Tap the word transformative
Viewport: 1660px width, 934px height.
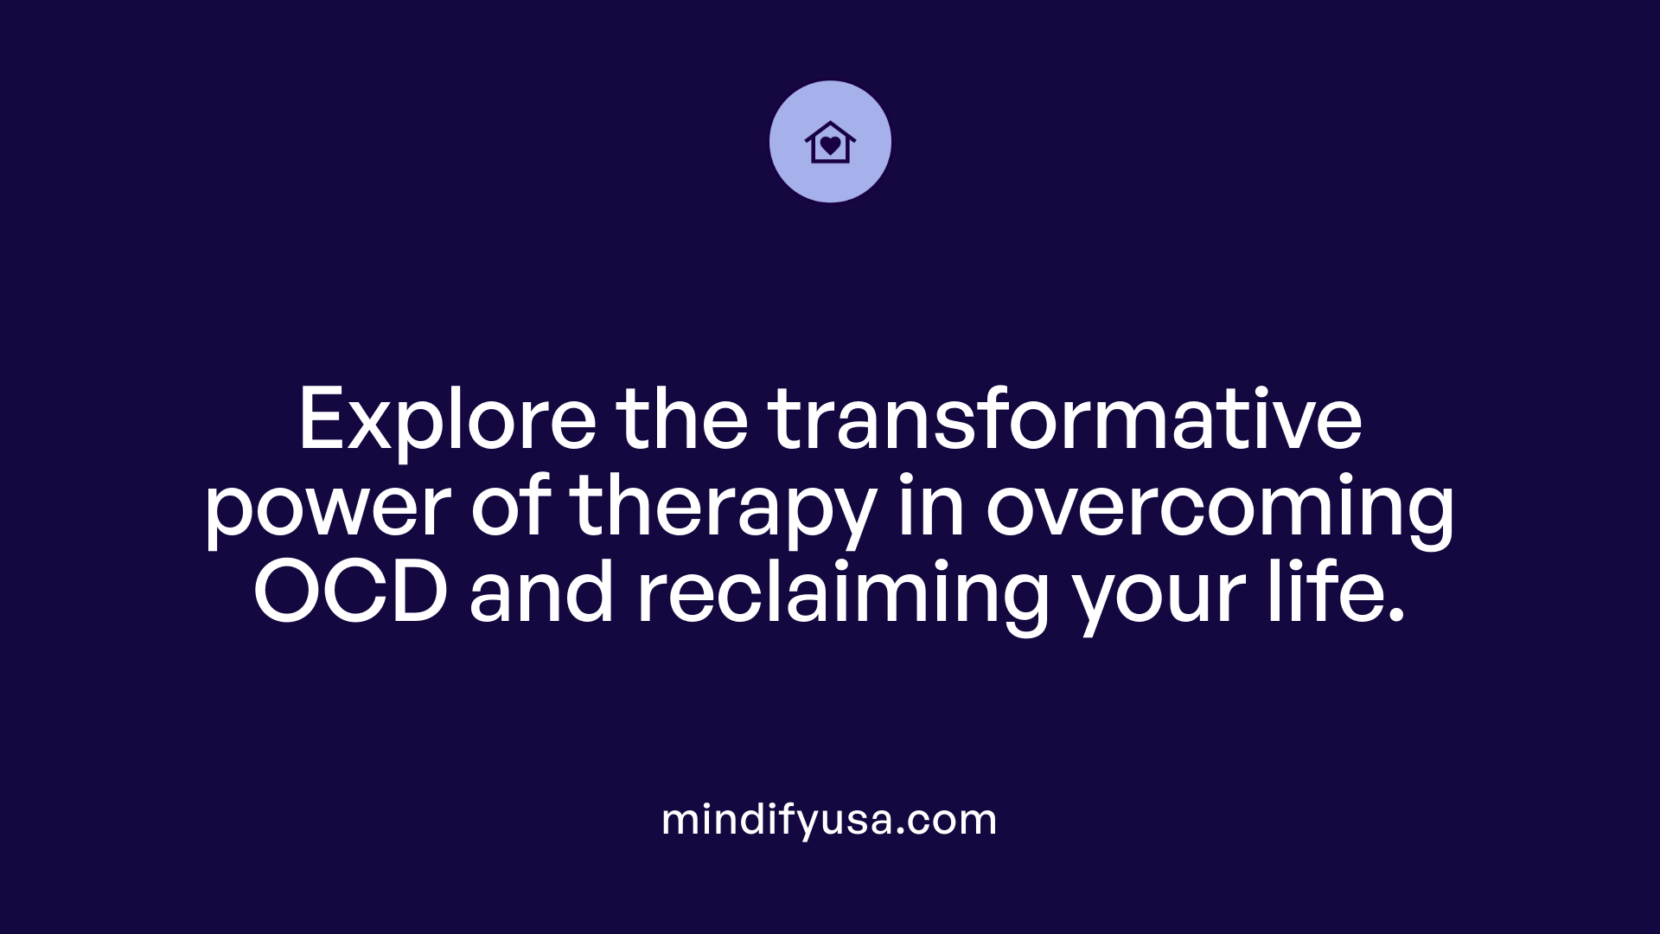1065,421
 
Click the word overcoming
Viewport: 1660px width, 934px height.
1220,508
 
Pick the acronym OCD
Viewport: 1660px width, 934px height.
350,594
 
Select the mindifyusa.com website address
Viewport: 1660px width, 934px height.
829,820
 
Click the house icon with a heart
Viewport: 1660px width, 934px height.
830,142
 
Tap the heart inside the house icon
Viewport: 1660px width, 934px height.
830,145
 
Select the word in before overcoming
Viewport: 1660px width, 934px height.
930,508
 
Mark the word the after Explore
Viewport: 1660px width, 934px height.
682,421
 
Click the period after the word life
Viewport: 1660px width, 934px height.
1394,617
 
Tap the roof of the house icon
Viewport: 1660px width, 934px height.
830,128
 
